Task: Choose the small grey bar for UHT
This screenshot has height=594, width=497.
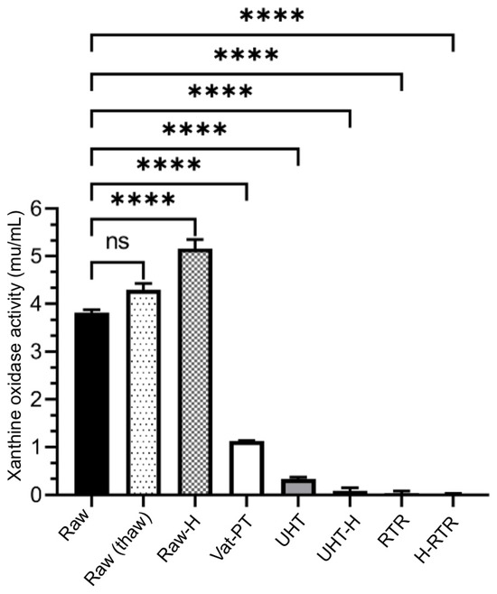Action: pyautogui.click(x=297, y=487)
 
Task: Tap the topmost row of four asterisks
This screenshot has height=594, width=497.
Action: pyautogui.click(x=272, y=16)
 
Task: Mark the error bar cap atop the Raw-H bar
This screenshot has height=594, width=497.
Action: pyautogui.click(x=194, y=239)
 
